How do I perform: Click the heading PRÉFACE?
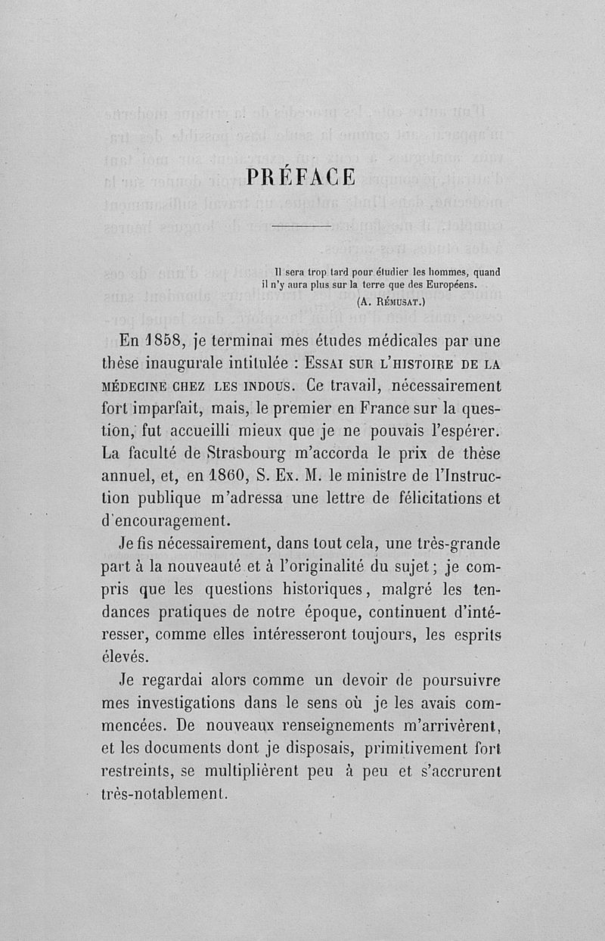[x=302, y=178]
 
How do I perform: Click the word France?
[x=374, y=409]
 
